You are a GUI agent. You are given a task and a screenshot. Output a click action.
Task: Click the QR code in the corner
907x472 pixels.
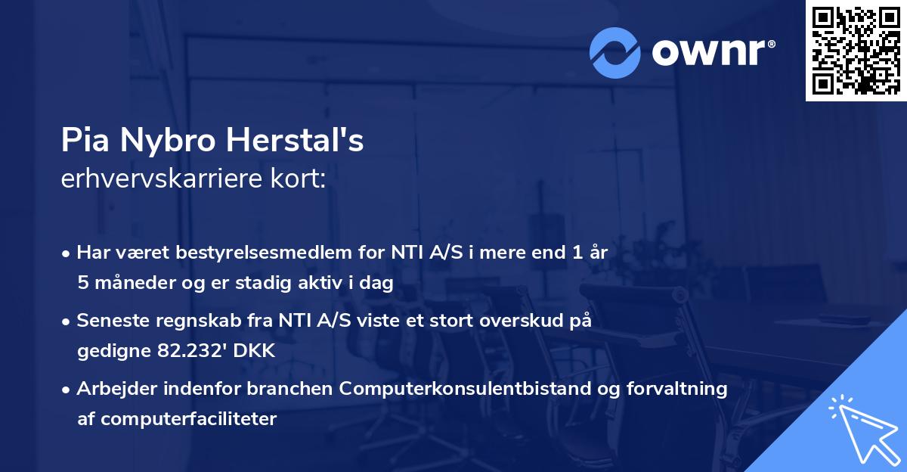click(x=856, y=51)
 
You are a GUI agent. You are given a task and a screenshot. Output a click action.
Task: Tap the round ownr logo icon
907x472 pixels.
click(x=614, y=52)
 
